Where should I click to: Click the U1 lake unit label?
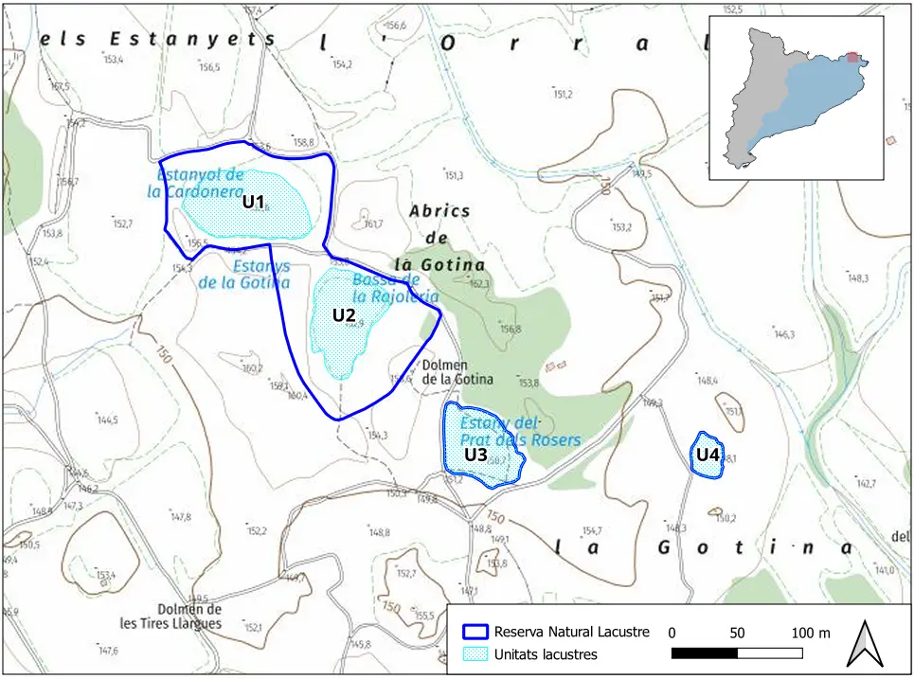pyautogui.click(x=252, y=201)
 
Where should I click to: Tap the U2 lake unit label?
pyautogui.click(x=343, y=314)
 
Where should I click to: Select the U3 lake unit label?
pyautogui.click(x=475, y=455)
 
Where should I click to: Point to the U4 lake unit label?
pyautogui.click(x=708, y=455)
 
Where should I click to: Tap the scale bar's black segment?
pyautogui.click(x=704, y=653)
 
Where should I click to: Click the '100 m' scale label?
pyautogui.click(x=810, y=633)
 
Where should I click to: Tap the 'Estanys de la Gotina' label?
pyautogui.click(x=243, y=275)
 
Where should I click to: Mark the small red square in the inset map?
pyautogui.click(x=853, y=58)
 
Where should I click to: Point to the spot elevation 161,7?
pyautogui.click(x=372, y=224)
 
